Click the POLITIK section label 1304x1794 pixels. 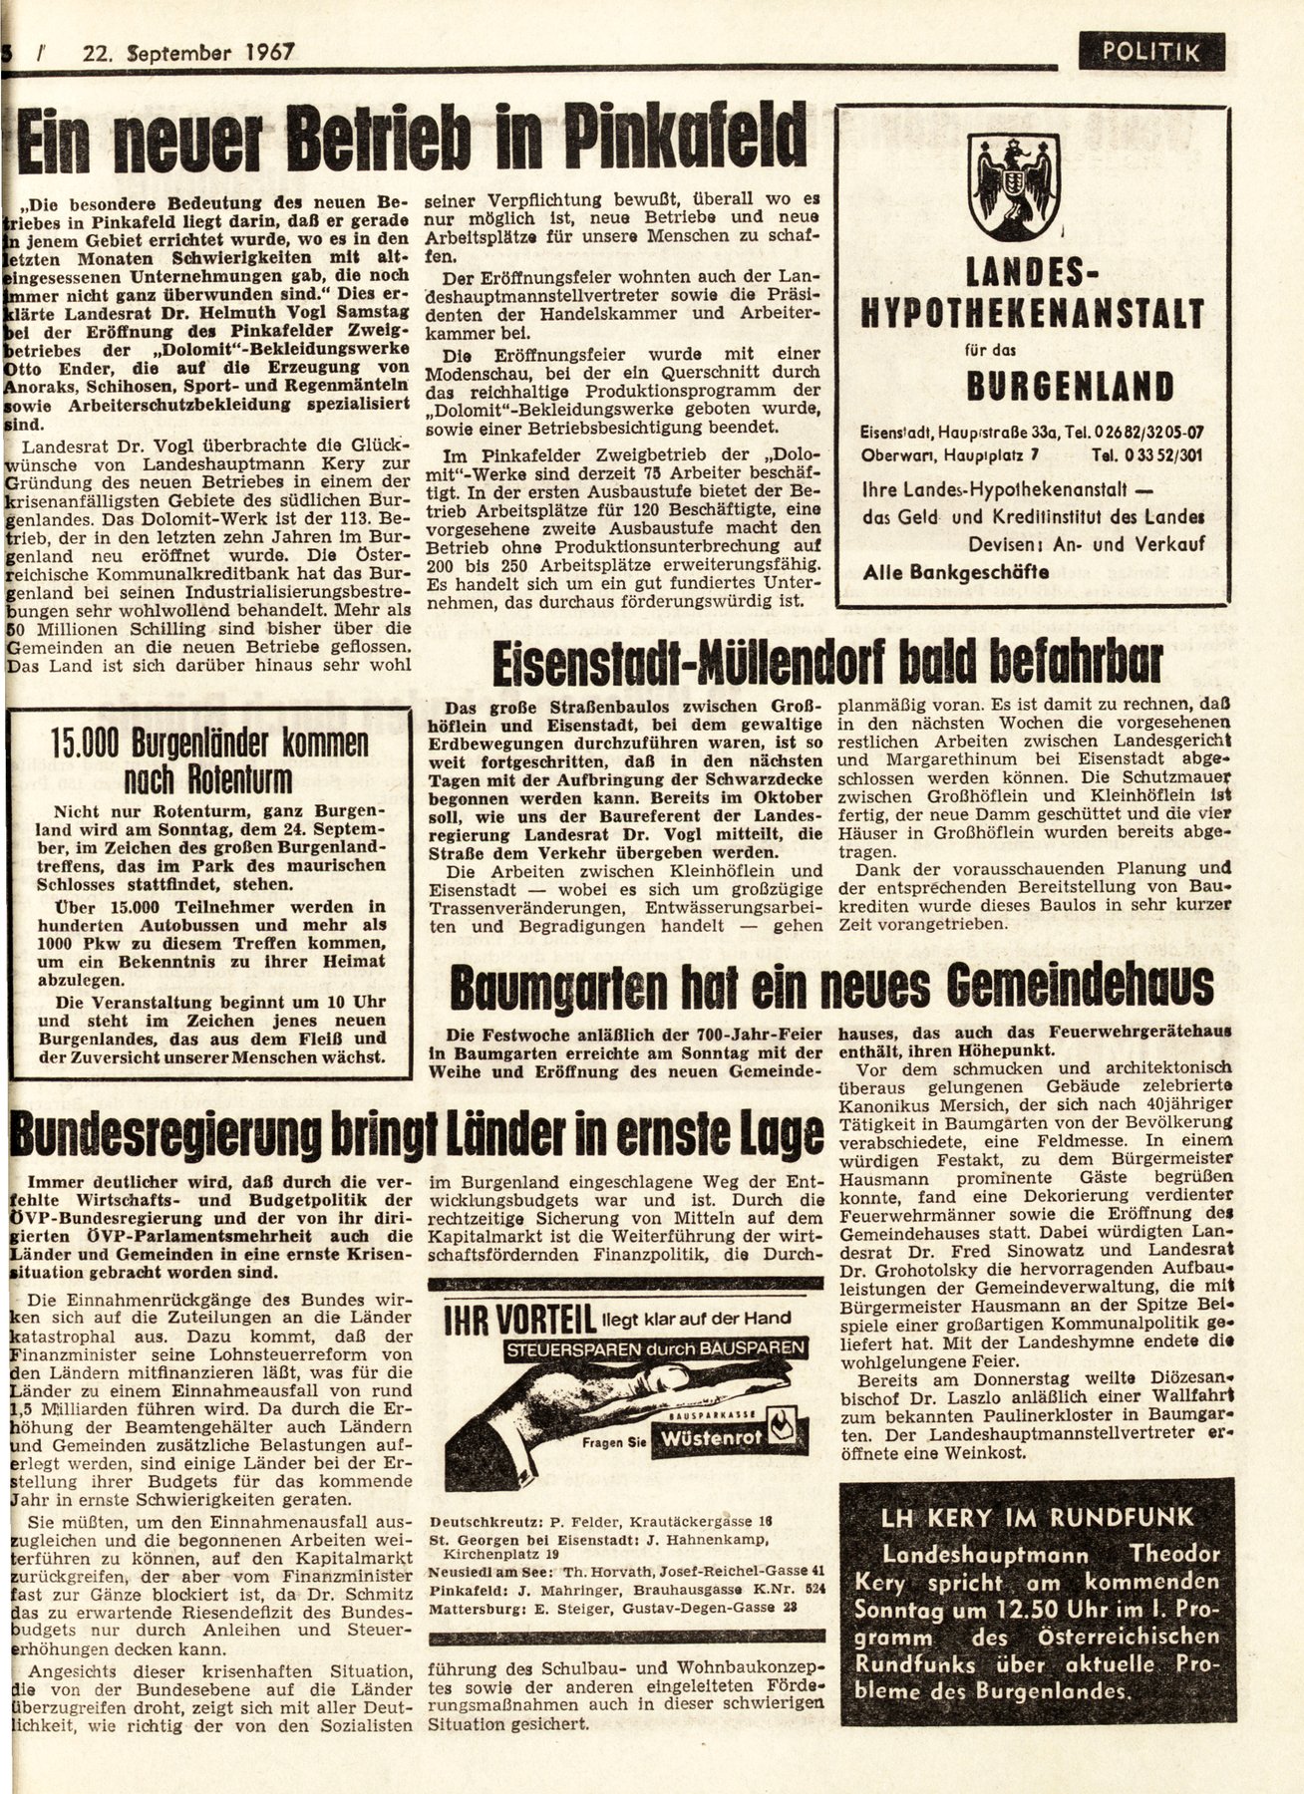coord(1150,51)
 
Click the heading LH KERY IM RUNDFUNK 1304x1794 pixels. coord(1037,1517)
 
